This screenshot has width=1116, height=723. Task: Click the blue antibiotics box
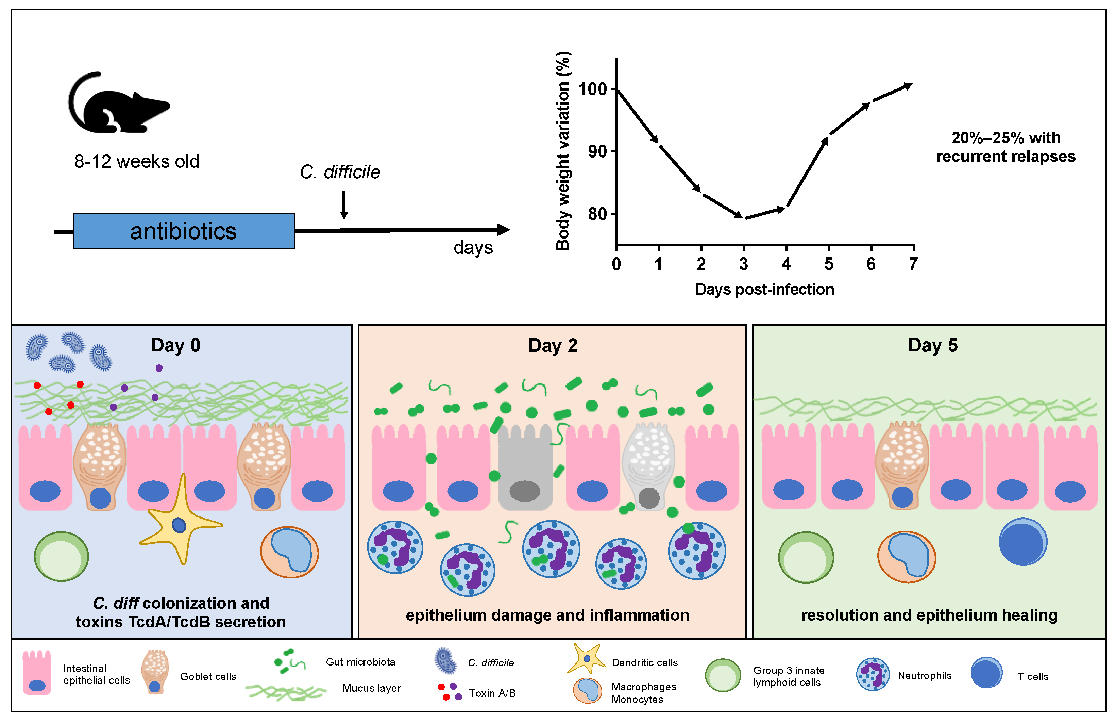click(x=183, y=231)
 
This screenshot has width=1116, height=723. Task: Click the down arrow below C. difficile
click(x=344, y=205)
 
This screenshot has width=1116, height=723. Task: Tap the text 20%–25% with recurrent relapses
click(x=1005, y=147)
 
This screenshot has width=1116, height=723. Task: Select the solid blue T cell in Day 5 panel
click(x=1022, y=542)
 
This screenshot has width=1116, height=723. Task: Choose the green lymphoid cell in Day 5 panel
click(x=806, y=557)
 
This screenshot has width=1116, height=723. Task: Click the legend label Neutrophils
click(x=924, y=676)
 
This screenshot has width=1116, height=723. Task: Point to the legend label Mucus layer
click(x=371, y=688)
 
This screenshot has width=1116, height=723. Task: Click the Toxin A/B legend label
click(x=492, y=693)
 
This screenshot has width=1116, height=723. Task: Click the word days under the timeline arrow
click(x=473, y=248)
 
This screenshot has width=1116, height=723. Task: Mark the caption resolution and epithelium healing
click(x=929, y=615)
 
